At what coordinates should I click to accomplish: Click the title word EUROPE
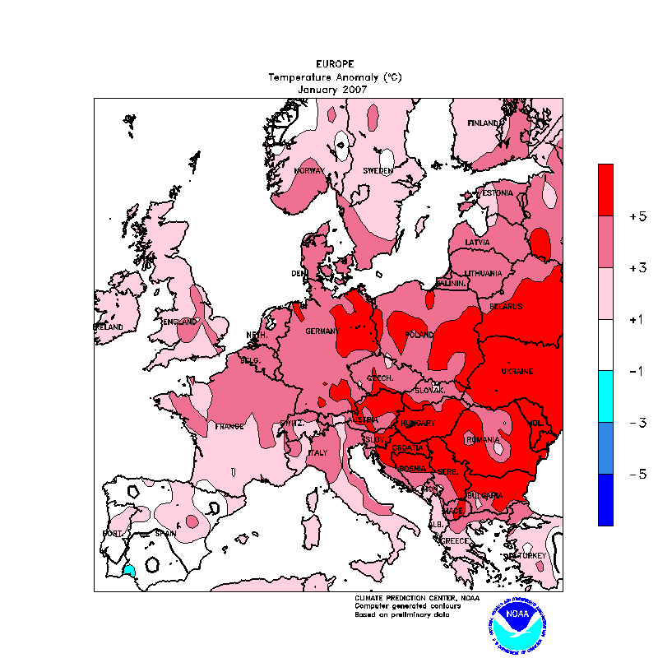pyautogui.click(x=335, y=63)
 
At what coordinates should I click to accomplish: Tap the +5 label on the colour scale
pyautogui.click(x=637, y=216)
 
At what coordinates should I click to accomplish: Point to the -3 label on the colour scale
pyautogui.click(x=637, y=423)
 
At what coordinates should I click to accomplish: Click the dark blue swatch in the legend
pyautogui.click(x=605, y=500)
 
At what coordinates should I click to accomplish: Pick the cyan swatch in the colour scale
pyautogui.click(x=605, y=396)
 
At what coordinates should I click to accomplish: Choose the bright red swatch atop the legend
pyautogui.click(x=605, y=190)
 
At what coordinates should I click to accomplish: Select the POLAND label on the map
pyautogui.click(x=419, y=336)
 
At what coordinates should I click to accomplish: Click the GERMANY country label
pyautogui.click(x=322, y=331)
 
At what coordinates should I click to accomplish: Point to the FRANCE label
pyautogui.click(x=229, y=427)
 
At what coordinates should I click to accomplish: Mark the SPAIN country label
pyautogui.click(x=166, y=533)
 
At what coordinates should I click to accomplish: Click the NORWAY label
pyautogui.click(x=310, y=171)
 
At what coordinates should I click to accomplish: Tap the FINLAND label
pyautogui.click(x=484, y=123)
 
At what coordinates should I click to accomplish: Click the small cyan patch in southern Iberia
pyautogui.click(x=128, y=569)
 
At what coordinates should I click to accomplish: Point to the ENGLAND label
pyautogui.click(x=180, y=322)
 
